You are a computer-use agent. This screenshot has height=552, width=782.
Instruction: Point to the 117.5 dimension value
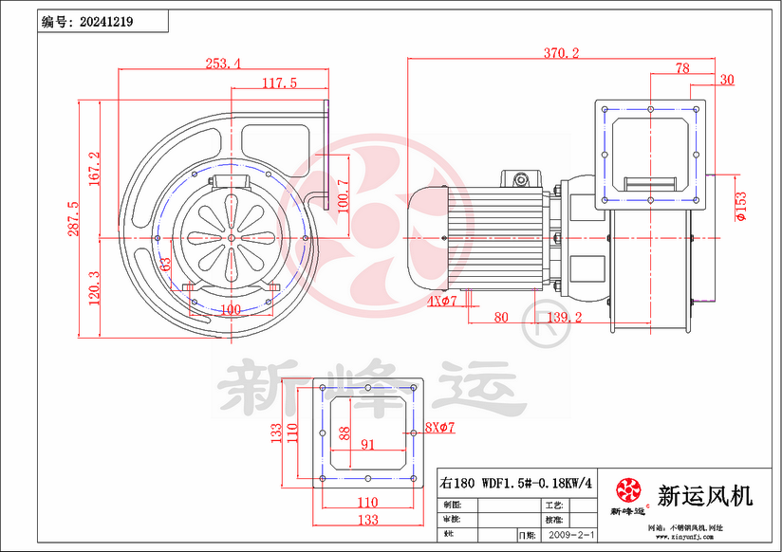pyautogui.click(x=279, y=83)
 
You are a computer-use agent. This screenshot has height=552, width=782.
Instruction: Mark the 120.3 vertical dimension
pyautogui.click(x=93, y=287)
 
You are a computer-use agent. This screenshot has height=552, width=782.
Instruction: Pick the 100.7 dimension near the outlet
pyautogui.click(x=343, y=195)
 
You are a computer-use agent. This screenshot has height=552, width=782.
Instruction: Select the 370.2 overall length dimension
pyautogui.click(x=561, y=53)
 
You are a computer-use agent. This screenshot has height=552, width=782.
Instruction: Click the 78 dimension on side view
pyautogui.click(x=681, y=67)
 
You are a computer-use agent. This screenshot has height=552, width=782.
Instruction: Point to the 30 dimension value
pyautogui.click(x=727, y=80)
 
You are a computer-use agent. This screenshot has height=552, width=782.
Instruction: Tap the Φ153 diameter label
pyautogui.click(x=740, y=206)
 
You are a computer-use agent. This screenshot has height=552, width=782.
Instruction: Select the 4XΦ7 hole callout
pyautogui.click(x=441, y=302)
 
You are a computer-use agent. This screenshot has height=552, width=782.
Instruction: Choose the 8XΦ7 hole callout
pyautogui.click(x=439, y=428)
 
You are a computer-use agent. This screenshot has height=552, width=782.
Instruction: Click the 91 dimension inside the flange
pyautogui.click(x=367, y=443)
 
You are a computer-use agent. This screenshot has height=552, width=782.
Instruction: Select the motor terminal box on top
pyautogui.click(x=520, y=178)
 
